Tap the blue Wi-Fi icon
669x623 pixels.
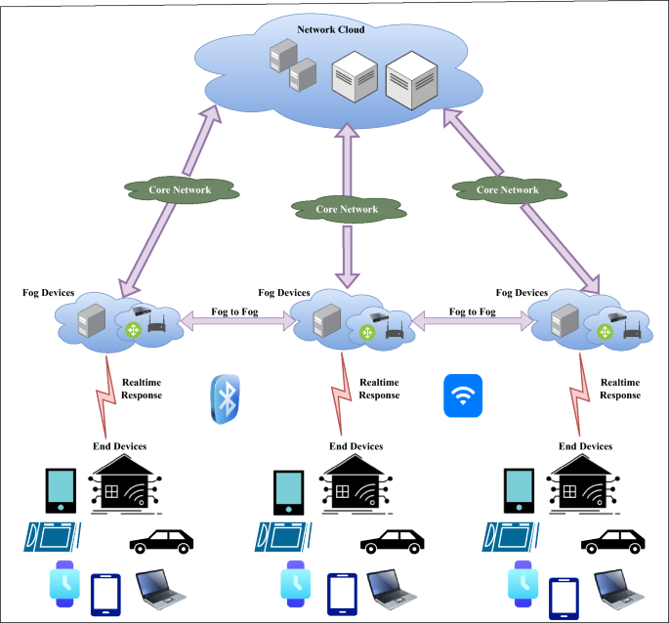(463, 395)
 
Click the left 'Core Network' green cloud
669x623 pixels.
(180, 189)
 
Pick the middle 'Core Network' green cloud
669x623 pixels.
(346, 209)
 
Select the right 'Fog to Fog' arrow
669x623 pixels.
(471, 319)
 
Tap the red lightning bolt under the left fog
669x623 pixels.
(106, 395)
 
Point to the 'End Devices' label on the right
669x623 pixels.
(585, 446)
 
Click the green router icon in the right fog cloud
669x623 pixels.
(605, 333)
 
